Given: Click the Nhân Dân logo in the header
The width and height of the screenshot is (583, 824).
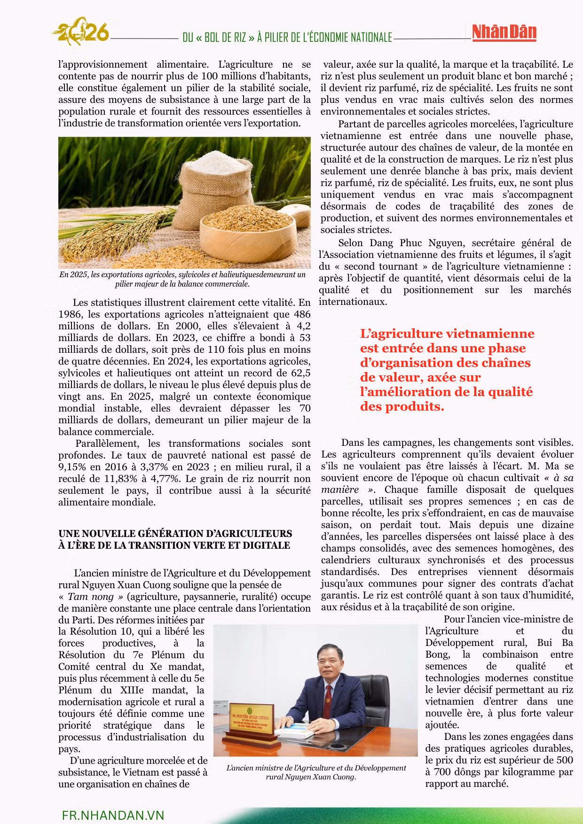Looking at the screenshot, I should point(504,32).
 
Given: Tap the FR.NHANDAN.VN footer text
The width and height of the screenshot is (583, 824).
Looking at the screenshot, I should point(113,815).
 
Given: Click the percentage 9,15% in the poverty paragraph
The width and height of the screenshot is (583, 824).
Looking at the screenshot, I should point(73,467).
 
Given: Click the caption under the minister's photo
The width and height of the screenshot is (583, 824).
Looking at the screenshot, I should point(316,772).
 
